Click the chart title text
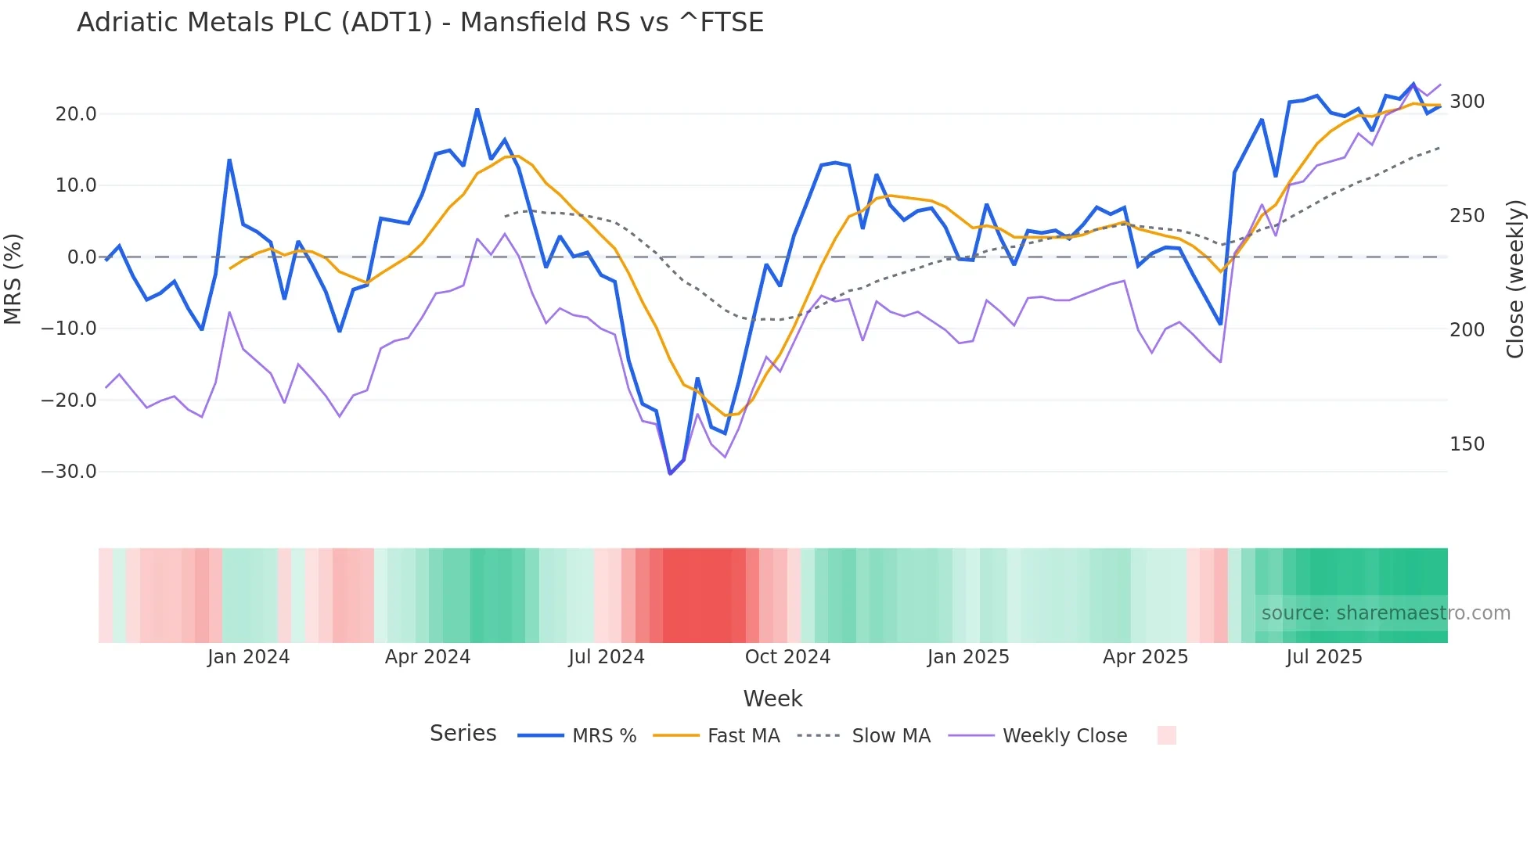click(420, 23)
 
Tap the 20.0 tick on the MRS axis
click(76, 114)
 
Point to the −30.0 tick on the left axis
click(69, 472)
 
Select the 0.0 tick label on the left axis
click(81, 257)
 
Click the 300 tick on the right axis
click(1467, 102)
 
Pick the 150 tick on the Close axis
click(1467, 444)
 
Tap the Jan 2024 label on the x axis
click(248, 657)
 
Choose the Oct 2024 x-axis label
click(787, 657)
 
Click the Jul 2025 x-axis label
click(1323, 657)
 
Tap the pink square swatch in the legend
click(1166, 735)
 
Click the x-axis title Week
click(772, 699)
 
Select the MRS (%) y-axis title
click(13, 278)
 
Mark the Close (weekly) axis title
click(1515, 278)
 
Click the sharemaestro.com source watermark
click(1385, 613)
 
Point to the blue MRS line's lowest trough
click(670, 473)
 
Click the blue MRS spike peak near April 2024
click(477, 110)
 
